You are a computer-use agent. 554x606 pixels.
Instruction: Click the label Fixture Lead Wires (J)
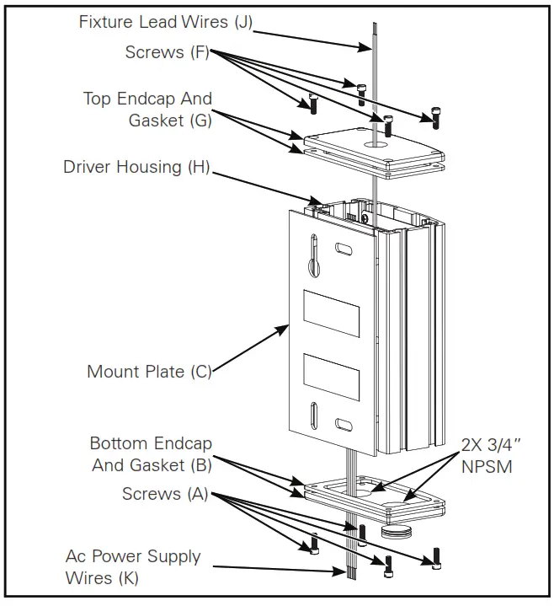click(x=165, y=22)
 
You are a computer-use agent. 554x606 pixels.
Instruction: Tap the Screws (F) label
click(x=167, y=52)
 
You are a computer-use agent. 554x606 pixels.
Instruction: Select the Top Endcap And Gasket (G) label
click(x=147, y=110)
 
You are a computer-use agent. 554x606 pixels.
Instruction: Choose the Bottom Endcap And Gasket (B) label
click(x=151, y=453)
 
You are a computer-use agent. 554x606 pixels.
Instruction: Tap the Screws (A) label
click(x=165, y=494)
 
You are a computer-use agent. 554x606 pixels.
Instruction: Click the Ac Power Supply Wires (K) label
click(x=133, y=566)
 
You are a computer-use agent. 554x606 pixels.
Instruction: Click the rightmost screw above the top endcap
click(x=436, y=120)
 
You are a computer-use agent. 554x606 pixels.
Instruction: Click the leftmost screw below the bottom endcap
click(x=313, y=544)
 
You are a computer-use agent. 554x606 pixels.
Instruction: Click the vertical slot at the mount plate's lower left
click(x=313, y=417)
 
